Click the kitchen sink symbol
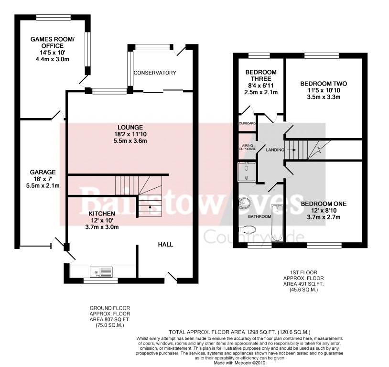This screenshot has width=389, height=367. click(x=101, y=272)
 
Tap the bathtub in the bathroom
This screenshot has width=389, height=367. click(x=277, y=223)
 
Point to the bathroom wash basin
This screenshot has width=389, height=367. click(x=245, y=203)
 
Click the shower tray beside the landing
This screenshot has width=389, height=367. click(x=246, y=172)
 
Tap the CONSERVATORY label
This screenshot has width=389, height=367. click(x=155, y=73)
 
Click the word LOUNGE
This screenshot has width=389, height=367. click(x=130, y=128)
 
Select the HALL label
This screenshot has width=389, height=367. click(x=165, y=245)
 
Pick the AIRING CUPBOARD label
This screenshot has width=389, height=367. click(x=248, y=147)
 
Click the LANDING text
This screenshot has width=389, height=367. click(x=275, y=150)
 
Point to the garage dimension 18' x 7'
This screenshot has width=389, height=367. click(x=43, y=179)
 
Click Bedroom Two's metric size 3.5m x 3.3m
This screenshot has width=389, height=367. click(x=324, y=97)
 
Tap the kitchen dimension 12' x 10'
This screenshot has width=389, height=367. click(x=102, y=220)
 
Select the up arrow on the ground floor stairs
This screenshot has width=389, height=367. click(x=150, y=209)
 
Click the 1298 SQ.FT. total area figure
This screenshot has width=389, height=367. click(x=261, y=332)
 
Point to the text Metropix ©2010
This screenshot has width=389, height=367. click(x=249, y=363)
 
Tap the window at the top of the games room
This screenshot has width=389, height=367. click(x=54, y=17)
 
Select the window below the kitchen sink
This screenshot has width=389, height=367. click(x=100, y=281)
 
